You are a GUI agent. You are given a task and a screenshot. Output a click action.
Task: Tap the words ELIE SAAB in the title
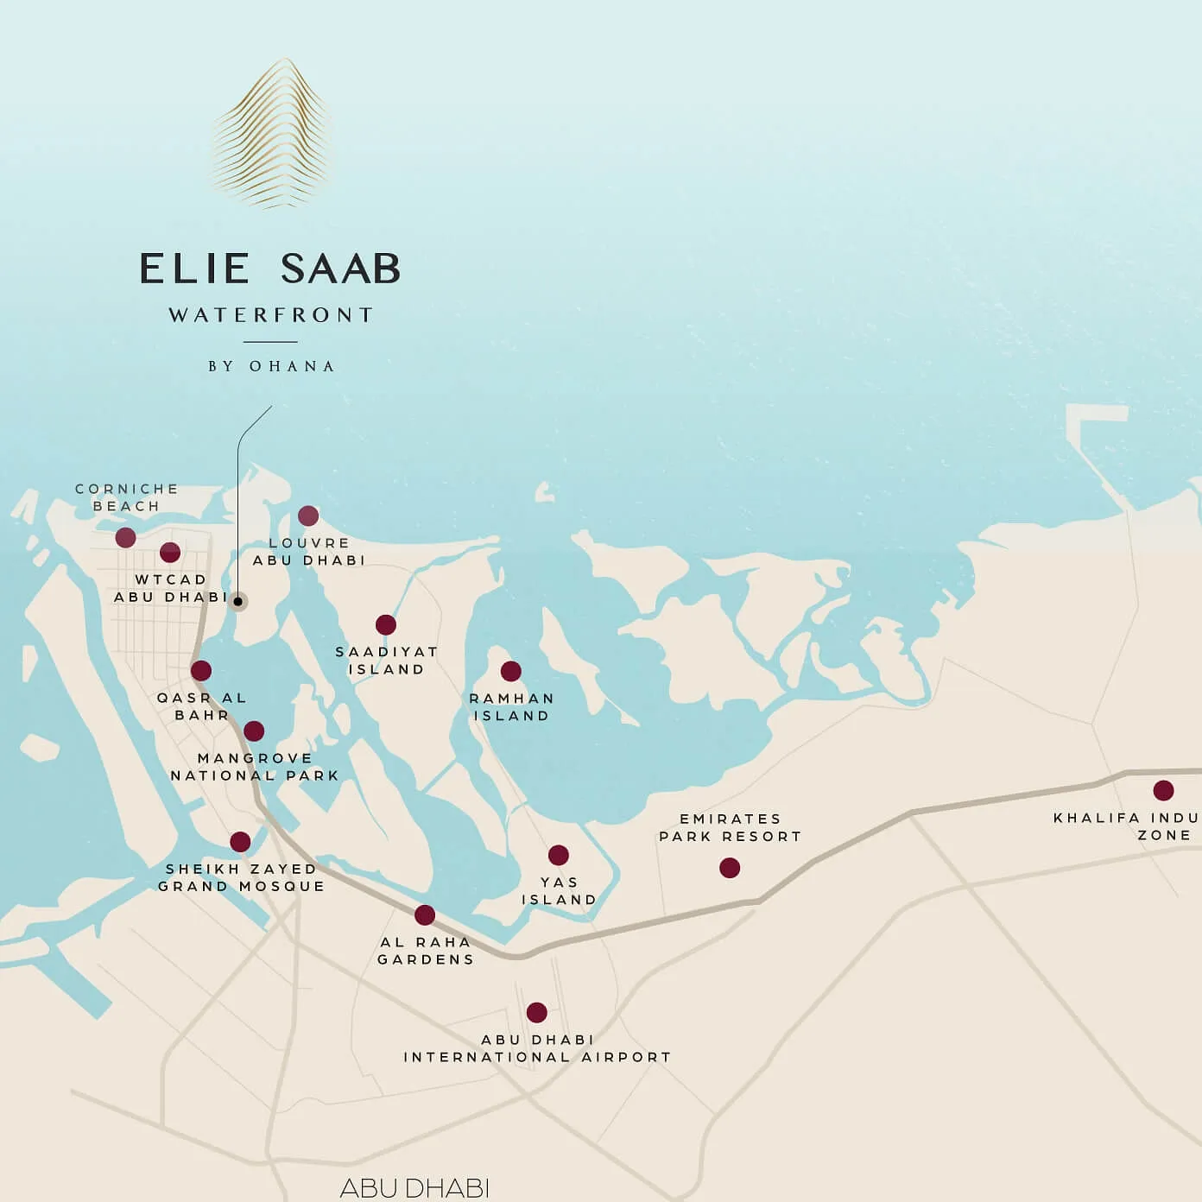pyautogui.click(x=270, y=269)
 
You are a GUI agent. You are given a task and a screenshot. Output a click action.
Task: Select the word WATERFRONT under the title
pyautogui.click(x=271, y=315)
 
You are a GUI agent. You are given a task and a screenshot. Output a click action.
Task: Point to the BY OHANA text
pyautogui.click(x=271, y=366)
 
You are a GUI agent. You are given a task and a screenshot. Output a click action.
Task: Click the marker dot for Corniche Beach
pyautogui.click(x=126, y=538)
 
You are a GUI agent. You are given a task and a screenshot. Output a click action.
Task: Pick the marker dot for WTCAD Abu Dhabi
pyautogui.click(x=170, y=553)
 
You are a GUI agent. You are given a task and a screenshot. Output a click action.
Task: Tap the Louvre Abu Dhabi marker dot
pyautogui.click(x=308, y=516)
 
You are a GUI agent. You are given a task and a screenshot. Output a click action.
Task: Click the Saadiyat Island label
pyautogui.click(x=386, y=661)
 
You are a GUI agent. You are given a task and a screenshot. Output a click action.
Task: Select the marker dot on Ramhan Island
pyautogui.click(x=511, y=671)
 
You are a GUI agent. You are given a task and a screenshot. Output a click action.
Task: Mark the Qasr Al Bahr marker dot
pyautogui.click(x=201, y=671)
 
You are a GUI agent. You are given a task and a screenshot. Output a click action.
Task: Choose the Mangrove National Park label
pyautogui.click(x=255, y=767)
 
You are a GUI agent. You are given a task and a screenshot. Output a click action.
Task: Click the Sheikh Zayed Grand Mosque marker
pyautogui.click(x=241, y=842)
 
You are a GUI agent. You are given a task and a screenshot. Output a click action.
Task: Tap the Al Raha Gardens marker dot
pyautogui.click(x=425, y=915)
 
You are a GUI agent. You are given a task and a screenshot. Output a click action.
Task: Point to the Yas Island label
pyautogui.click(x=559, y=891)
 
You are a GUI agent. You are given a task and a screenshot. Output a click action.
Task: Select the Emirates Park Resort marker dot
pyautogui.click(x=730, y=868)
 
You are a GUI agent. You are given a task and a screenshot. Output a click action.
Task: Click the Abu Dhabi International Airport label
pyautogui.click(x=537, y=1048)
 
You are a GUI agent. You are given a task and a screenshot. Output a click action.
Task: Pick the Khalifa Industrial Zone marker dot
pyautogui.click(x=1163, y=790)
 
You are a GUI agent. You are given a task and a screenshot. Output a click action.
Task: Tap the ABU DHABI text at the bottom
pyautogui.click(x=414, y=1188)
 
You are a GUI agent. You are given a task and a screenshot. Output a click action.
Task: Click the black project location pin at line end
pyautogui.click(x=238, y=602)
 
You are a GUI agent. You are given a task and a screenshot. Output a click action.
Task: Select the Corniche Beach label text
pyautogui.click(x=126, y=497)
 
